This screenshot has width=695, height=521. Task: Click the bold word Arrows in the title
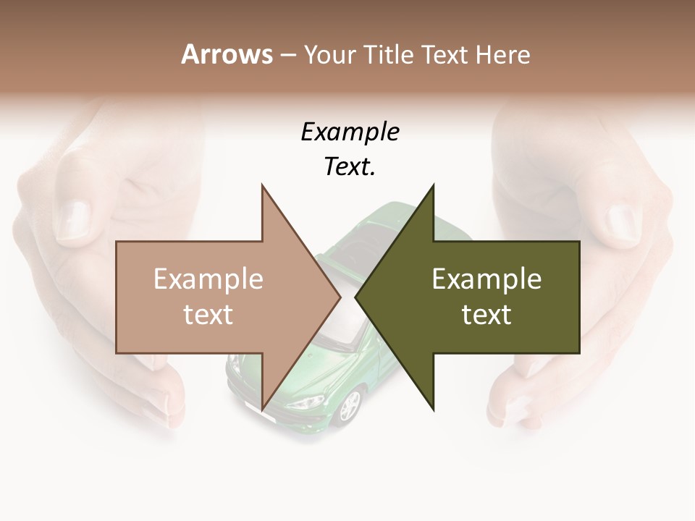pyautogui.click(x=227, y=54)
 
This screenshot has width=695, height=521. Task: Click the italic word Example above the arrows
pyautogui.click(x=350, y=132)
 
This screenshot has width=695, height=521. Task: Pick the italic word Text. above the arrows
pyautogui.click(x=350, y=167)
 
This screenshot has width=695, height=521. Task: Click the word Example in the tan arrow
pyautogui.click(x=208, y=279)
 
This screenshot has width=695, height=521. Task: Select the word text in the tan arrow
pyautogui.click(x=208, y=315)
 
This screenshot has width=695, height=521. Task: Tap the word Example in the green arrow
pyautogui.click(x=486, y=279)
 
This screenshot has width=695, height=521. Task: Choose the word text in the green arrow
pyautogui.click(x=486, y=315)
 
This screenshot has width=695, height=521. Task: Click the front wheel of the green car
pyautogui.click(x=350, y=407)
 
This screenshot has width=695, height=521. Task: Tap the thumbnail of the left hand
pyautogui.click(x=73, y=219)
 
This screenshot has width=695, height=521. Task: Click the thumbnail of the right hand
pyautogui.click(x=620, y=222)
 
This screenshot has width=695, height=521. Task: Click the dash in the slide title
pyautogui.click(x=287, y=54)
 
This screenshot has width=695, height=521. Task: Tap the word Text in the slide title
pyautogui.click(x=446, y=54)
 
